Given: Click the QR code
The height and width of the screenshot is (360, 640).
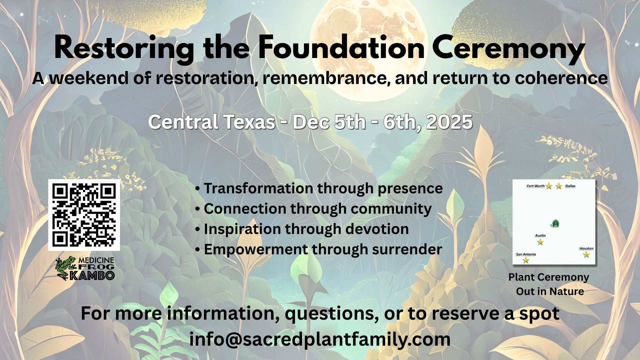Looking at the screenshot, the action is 84,215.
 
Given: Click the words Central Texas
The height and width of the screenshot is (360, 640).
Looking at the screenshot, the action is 212,122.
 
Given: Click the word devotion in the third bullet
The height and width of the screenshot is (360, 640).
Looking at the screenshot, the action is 377,229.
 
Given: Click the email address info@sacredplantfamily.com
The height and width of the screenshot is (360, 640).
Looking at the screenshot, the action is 320,339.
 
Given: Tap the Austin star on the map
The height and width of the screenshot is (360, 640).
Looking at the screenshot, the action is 540,242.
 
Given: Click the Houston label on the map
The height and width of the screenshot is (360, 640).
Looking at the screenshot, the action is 586,248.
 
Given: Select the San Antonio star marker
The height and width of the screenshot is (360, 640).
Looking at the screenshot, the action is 526,260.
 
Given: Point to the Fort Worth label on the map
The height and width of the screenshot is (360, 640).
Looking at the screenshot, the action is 536,186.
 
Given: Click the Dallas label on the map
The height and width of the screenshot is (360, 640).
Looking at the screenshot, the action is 570,186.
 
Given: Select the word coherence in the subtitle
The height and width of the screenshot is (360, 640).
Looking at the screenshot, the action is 561,78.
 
